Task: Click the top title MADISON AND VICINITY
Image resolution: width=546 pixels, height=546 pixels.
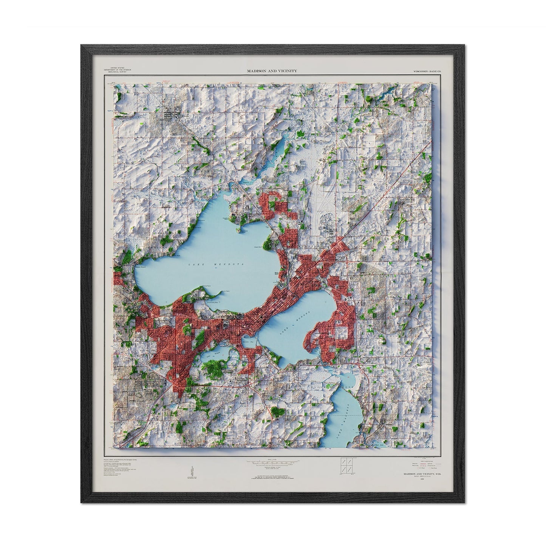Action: coord(272,71)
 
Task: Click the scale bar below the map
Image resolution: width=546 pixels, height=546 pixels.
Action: coord(272,461)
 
